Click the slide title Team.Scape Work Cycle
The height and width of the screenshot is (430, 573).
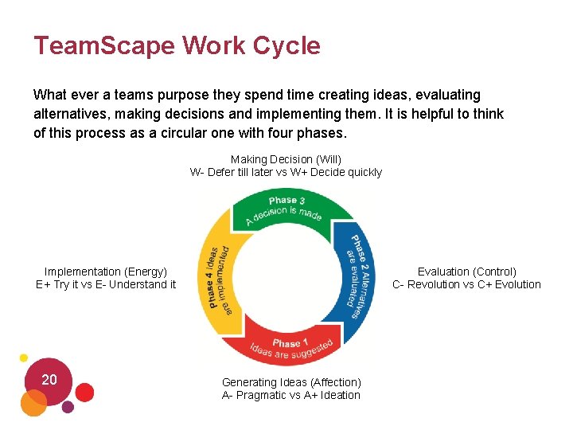(x=177, y=45)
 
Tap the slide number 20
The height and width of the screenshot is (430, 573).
(x=49, y=380)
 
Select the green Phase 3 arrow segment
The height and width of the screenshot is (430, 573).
(x=286, y=209)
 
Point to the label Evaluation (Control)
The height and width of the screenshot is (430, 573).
(x=466, y=272)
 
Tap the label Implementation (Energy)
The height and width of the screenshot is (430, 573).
(x=106, y=272)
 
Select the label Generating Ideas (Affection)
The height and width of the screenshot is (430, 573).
(x=291, y=382)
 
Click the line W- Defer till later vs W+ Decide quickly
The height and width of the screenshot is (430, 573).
(x=286, y=172)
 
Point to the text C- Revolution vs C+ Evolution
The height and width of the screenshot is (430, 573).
(x=466, y=284)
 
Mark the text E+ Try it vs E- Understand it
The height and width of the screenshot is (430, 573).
(x=106, y=284)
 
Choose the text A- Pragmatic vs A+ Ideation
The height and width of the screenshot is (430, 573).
(x=291, y=395)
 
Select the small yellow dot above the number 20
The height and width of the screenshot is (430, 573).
(x=24, y=358)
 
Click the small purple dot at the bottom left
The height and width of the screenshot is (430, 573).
(x=68, y=407)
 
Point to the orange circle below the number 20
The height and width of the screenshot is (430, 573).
(x=33, y=403)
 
